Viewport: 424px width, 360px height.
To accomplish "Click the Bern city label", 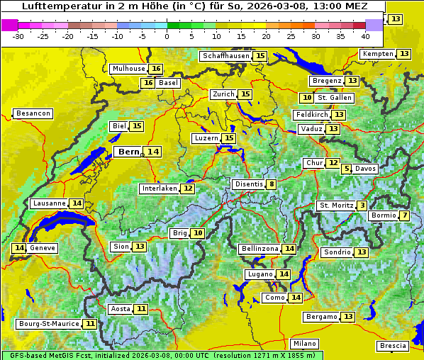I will tap(129, 152).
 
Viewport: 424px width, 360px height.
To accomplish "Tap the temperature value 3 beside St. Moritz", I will tap(362, 206).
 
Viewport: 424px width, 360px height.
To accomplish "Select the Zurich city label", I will tap(223, 94).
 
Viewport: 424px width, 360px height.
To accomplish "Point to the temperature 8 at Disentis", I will tap(272, 184).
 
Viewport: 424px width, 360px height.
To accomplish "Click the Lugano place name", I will tap(259, 274).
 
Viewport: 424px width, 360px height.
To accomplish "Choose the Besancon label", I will tap(33, 113).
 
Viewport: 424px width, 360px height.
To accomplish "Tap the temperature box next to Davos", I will tap(346, 169).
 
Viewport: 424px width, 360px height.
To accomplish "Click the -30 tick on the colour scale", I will tap(18, 36).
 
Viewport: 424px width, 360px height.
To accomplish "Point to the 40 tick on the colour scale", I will tap(365, 36).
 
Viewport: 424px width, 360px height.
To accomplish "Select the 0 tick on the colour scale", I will tap(167, 36).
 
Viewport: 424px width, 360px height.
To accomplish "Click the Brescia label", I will tap(393, 346).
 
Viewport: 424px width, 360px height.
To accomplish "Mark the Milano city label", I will tap(305, 343).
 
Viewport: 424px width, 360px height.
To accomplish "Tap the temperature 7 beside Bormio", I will tap(404, 215).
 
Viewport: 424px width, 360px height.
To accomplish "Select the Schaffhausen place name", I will tap(225, 56).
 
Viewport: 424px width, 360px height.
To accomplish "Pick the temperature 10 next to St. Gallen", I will tap(306, 98).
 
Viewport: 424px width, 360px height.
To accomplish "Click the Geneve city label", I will tap(43, 248).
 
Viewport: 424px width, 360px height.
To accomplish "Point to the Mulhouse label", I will tap(128, 69).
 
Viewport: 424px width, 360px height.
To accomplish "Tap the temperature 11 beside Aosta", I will tap(142, 309).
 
